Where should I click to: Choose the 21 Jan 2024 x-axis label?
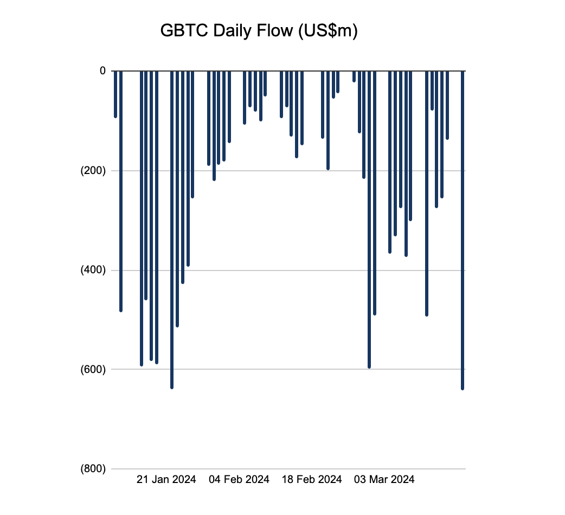pyautogui.click(x=166, y=480)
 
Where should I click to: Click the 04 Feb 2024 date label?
pyautogui.click(x=239, y=480)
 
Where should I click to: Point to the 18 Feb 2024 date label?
pyautogui.click(x=312, y=480)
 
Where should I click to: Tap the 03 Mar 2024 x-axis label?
pyautogui.click(x=384, y=480)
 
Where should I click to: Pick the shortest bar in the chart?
pyautogui.click(x=354, y=76)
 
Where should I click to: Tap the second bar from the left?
pyautogui.click(x=121, y=190)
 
